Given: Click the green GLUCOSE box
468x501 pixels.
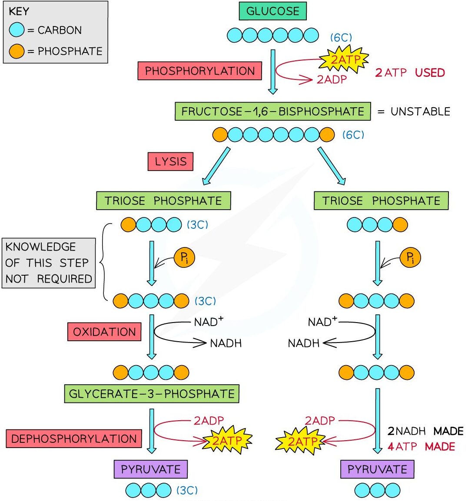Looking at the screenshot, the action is coord(272,11).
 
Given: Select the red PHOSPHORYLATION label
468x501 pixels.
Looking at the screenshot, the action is coord(199,71).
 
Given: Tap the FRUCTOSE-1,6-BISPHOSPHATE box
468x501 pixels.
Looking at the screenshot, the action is coord(272,111).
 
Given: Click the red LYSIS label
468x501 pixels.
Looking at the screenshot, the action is coord(170,162).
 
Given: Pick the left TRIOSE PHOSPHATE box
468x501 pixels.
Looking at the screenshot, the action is coord(163,201).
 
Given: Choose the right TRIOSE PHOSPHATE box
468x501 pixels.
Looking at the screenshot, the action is coord(381,201).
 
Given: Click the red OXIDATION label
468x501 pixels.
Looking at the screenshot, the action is coord(104,332).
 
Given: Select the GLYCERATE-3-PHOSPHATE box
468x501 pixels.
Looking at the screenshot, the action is coord(152,394).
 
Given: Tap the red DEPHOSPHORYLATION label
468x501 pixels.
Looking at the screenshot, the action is coord(74,438).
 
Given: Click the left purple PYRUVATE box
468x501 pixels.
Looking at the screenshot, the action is coord(151,469).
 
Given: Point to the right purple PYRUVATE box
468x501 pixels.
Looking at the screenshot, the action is coord(377,469).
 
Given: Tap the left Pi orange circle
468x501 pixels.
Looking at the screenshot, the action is coord(184,257).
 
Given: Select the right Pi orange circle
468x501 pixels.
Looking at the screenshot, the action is coord(410,257).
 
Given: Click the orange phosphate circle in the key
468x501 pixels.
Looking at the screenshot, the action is coord(17,51).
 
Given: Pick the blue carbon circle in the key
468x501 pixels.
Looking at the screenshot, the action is coord(17,30).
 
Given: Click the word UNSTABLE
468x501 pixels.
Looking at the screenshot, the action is coord(420,112).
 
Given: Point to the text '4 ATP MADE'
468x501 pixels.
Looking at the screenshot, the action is coord(421,446).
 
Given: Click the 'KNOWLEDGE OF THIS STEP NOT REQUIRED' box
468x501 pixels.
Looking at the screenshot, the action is coord(49,263).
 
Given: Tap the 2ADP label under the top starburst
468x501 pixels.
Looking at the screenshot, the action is coord(332,79).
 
